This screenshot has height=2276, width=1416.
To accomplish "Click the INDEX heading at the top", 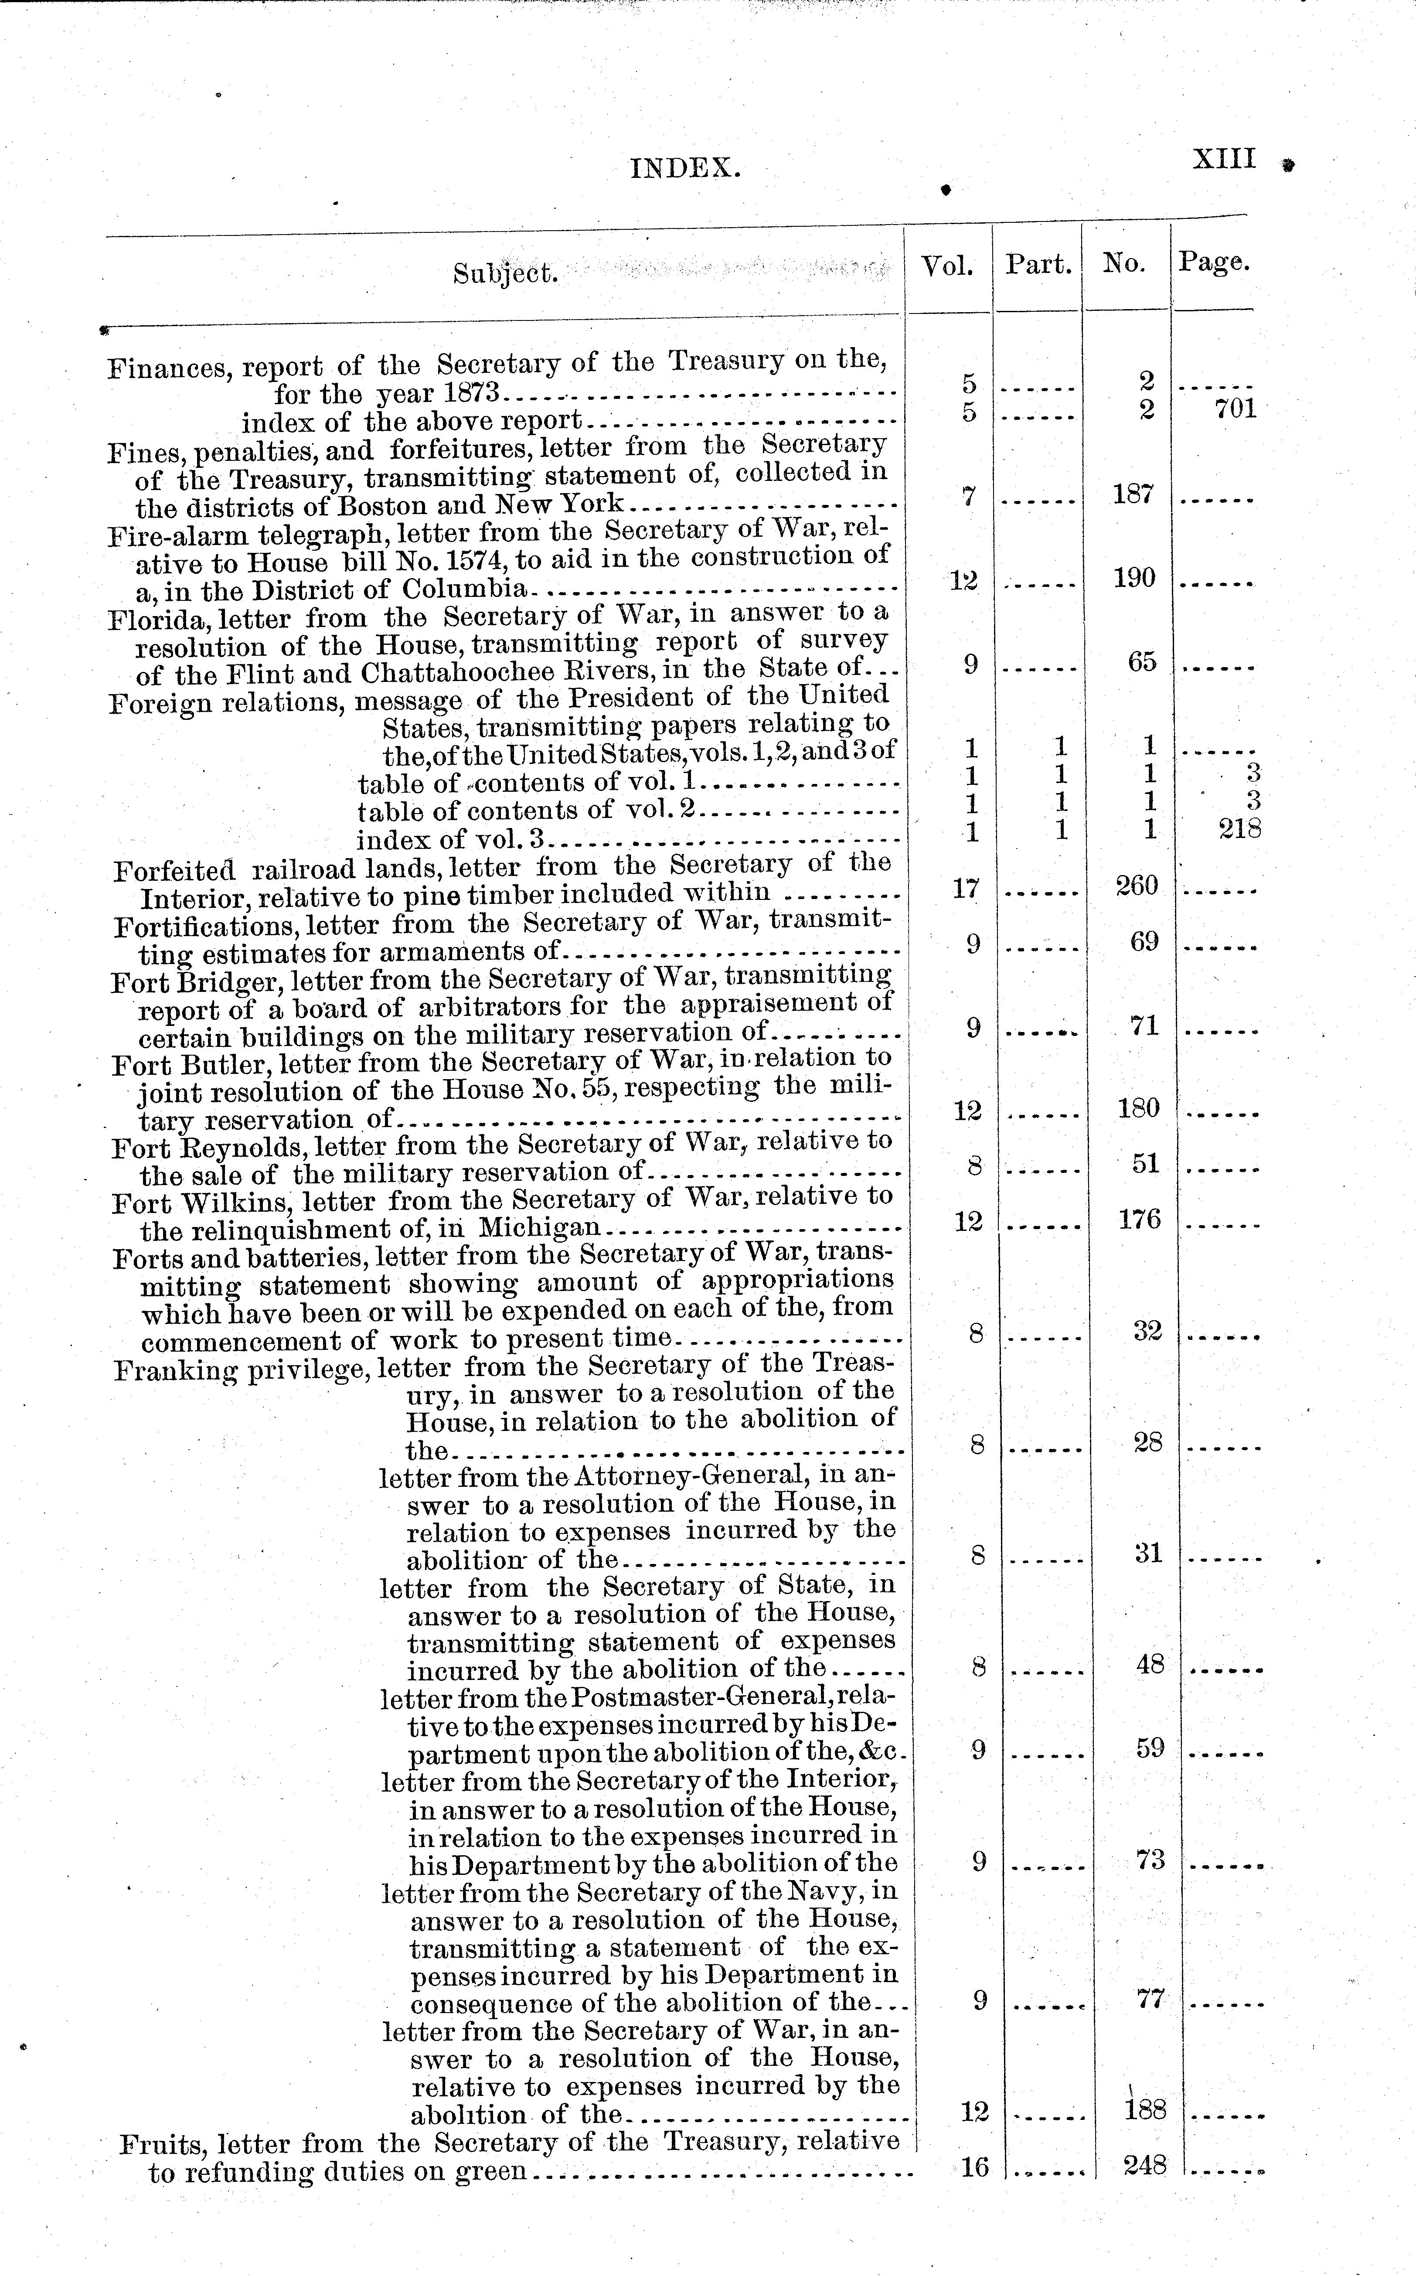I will (x=685, y=169).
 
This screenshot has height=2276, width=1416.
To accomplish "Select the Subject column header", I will (x=506, y=273).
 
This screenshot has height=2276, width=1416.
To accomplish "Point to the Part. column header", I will (x=1038, y=265).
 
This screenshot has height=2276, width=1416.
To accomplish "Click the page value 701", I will (x=1236, y=409).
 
